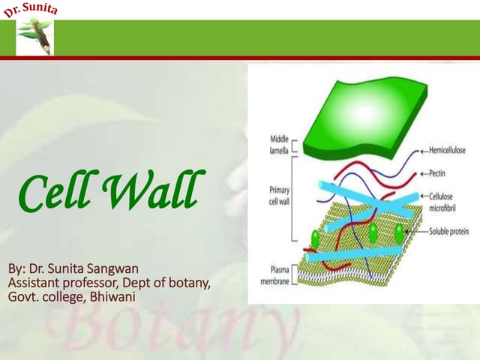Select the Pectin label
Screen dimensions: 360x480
click(437, 173)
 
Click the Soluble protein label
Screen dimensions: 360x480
click(449, 232)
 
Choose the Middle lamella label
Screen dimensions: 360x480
click(278, 145)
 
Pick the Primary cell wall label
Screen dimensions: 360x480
click(278, 190)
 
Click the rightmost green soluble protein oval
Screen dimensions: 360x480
click(399, 233)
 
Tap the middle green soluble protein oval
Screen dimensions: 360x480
click(372, 232)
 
